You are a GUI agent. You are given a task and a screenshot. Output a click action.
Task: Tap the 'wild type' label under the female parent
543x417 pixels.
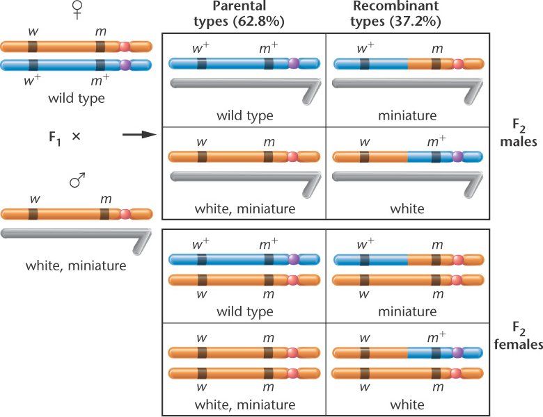pos(77,98)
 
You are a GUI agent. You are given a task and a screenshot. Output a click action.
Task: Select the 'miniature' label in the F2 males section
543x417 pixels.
pos(408,115)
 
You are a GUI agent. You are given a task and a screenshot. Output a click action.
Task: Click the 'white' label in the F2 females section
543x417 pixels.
pos(408,404)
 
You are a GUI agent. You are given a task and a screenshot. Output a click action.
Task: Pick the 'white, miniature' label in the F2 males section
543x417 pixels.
pos(244,208)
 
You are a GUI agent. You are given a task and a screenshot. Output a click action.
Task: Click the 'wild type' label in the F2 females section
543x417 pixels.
pos(244,311)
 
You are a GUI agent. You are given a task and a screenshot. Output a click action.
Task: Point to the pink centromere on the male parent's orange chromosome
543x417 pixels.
pos(125,213)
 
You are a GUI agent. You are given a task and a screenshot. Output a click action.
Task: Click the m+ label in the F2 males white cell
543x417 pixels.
pos(435,142)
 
